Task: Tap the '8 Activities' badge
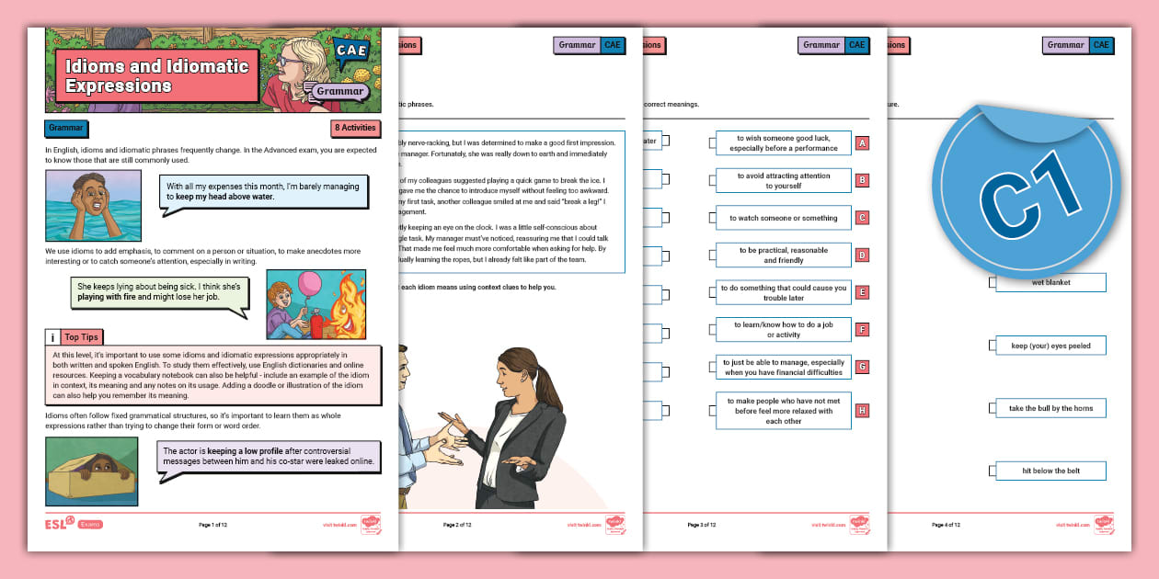pyautogui.click(x=355, y=129)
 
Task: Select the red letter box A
pyautogui.click(x=862, y=143)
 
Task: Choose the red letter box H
pyautogui.click(x=862, y=411)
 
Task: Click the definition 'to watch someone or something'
pyautogui.click(x=783, y=218)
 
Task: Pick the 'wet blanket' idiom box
pyautogui.click(x=1050, y=283)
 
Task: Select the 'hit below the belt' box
pyautogui.click(x=1050, y=471)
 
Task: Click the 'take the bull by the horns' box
pyautogui.click(x=1050, y=408)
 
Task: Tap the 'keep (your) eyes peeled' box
pyautogui.click(x=1050, y=346)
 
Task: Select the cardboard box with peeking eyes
pyautogui.click(x=91, y=471)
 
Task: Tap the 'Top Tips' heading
pyautogui.click(x=81, y=337)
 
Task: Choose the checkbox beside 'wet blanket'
pyautogui.click(x=992, y=283)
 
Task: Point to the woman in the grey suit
pyautogui.click(x=515, y=423)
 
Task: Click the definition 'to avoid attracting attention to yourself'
pyautogui.click(x=783, y=180)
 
